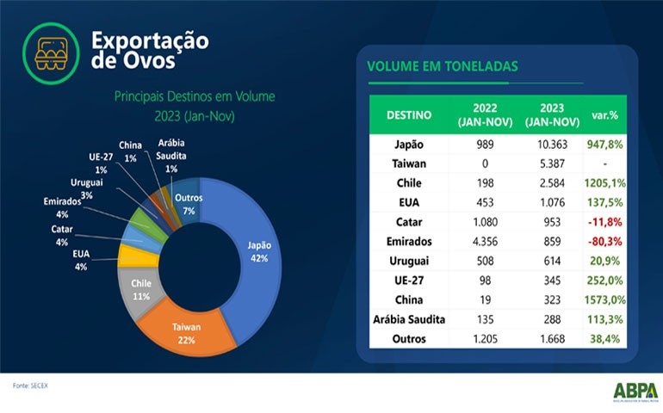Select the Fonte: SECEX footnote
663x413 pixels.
31,385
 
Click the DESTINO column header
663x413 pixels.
408,115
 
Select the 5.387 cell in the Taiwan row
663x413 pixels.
547,163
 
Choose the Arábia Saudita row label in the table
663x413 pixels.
408,320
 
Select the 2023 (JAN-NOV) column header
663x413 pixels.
547,115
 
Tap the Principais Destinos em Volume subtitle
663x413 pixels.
195,97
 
